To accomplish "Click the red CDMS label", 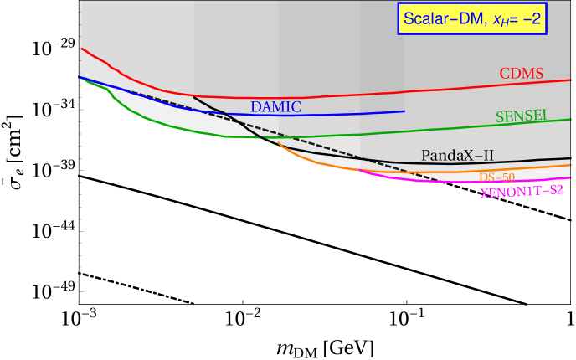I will click(x=522, y=74).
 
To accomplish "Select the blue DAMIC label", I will click(x=275, y=107).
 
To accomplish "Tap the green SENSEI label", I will click(x=521, y=117).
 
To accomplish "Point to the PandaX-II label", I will click(x=458, y=155).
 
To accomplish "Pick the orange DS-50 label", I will click(x=496, y=177).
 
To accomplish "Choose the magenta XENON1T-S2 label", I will click(x=521, y=192).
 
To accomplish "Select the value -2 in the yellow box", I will click(x=527, y=18).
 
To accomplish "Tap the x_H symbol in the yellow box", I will click(x=491, y=18).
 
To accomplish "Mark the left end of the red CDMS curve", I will click(x=80, y=49).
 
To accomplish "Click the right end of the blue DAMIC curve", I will click(x=404, y=111).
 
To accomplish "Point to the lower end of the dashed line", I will click(x=440, y=181).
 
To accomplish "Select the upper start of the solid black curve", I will click(x=193, y=97).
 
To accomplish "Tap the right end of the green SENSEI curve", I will click(x=571, y=119).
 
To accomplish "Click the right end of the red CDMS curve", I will click(x=571, y=80).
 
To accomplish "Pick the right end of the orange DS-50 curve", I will click(x=571, y=165).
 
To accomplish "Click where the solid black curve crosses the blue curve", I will click(x=224, y=113).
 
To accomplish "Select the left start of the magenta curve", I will click(x=360, y=170).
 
